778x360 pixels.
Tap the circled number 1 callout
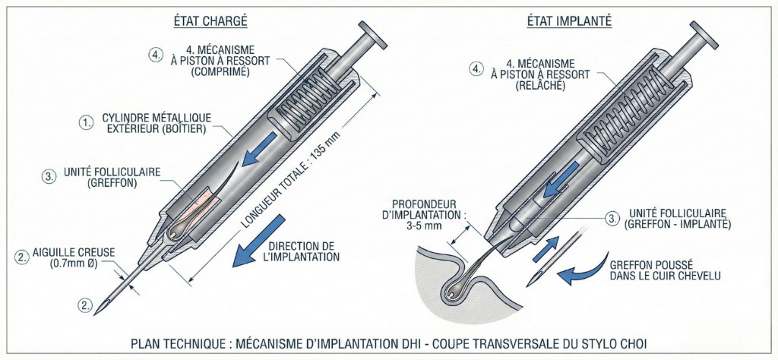point(87,122)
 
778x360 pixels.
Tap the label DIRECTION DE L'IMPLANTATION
point(301,251)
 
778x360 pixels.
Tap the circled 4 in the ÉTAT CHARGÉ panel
point(155,55)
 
